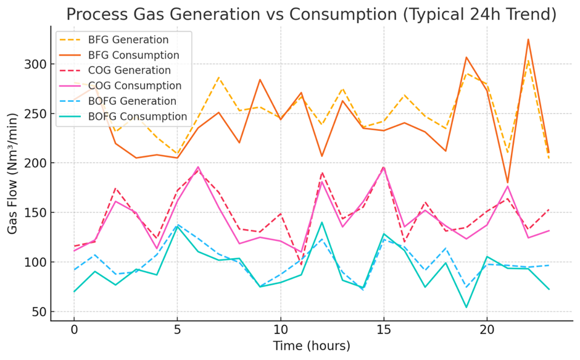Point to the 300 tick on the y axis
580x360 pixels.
pyautogui.click(x=38, y=64)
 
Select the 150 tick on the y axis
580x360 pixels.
pyautogui.click(x=38, y=213)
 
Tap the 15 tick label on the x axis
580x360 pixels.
pyautogui.click(x=384, y=330)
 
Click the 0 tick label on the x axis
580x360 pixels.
pyautogui.click(x=74, y=330)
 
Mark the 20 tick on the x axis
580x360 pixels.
pyautogui.click(x=487, y=330)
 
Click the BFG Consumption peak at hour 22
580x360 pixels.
pyautogui.click(x=528, y=40)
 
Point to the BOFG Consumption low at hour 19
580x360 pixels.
pyautogui.click(x=466, y=308)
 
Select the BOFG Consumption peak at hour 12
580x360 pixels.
pyautogui.click(x=321, y=222)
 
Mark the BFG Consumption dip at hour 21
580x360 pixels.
pyautogui.click(x=507, y=182)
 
